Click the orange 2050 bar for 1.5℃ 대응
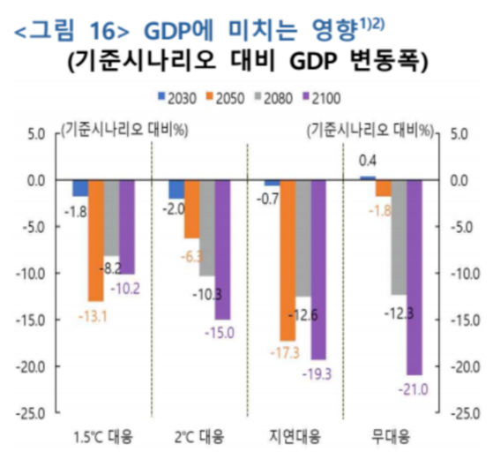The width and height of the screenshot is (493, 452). pyautogui.click(x=96, y=240)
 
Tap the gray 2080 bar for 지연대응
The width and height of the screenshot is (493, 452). pyautogui.click(x=303, y=238)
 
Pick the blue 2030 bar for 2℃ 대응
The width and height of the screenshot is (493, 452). pyautogui.click(x=176, y=190)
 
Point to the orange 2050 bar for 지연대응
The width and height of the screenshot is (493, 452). pyautogui.click(x=288, y=260)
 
